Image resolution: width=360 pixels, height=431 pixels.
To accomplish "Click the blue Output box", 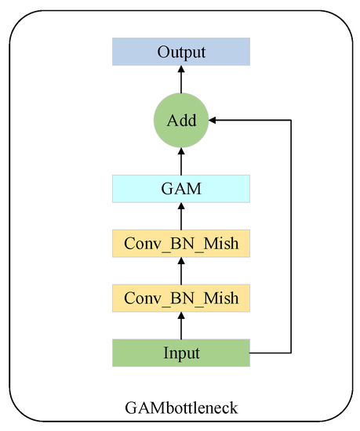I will click(181, 53).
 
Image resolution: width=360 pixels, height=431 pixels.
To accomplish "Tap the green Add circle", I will click(181, 121).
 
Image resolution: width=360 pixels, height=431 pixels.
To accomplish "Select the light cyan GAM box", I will click(181, 189).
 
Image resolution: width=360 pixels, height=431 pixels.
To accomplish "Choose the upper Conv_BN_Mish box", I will click(181, 244).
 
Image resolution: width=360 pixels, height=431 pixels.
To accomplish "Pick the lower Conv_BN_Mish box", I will click(181, 298).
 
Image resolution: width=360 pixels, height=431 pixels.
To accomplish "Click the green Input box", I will click(181, 353).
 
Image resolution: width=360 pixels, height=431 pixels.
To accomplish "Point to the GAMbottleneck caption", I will click(181, 407).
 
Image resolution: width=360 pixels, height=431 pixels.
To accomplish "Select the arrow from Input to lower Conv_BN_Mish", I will click(181, 325).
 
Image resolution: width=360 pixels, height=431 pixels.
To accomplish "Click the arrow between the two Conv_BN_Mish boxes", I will click(181, 271).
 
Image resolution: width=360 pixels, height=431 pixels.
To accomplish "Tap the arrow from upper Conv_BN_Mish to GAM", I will click(181, 216).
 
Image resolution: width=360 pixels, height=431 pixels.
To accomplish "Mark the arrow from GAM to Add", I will click(181, 161).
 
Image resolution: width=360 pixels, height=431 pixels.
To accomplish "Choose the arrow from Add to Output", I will click(181, 80).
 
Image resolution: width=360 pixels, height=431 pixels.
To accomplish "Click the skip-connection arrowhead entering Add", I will click(213, 121).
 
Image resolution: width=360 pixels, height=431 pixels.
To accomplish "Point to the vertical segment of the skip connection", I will click(291, 235).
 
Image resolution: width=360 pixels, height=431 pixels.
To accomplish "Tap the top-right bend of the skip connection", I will click(291, 121).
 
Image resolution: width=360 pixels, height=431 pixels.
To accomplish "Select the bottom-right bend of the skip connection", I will click(291, 353).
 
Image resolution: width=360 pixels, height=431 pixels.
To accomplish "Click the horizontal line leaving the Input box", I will click(271, 353).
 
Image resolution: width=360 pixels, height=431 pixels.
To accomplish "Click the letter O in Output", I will click(163, 53).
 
